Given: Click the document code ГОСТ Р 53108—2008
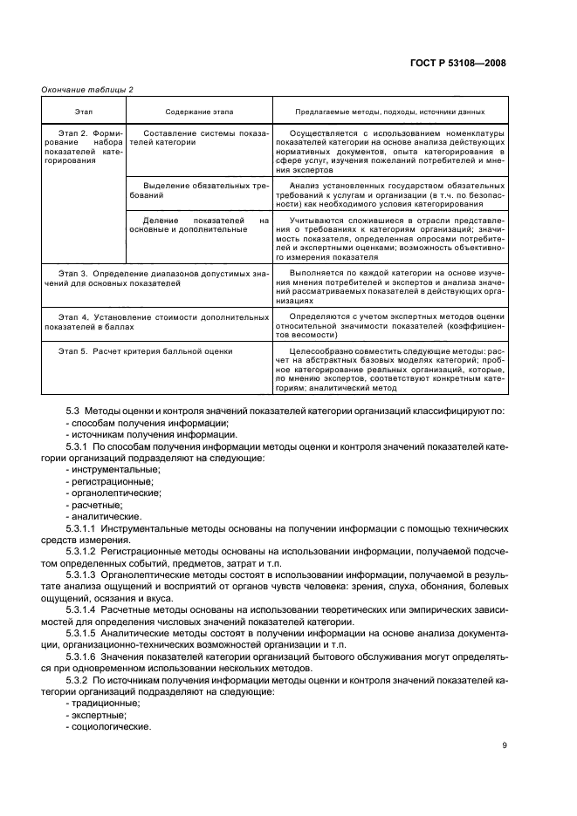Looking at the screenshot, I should point(463,64).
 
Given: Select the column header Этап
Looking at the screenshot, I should point(84,112).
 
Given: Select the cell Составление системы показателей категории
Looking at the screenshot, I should point(199,137).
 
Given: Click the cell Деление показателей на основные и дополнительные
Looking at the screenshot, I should point(199,224).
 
